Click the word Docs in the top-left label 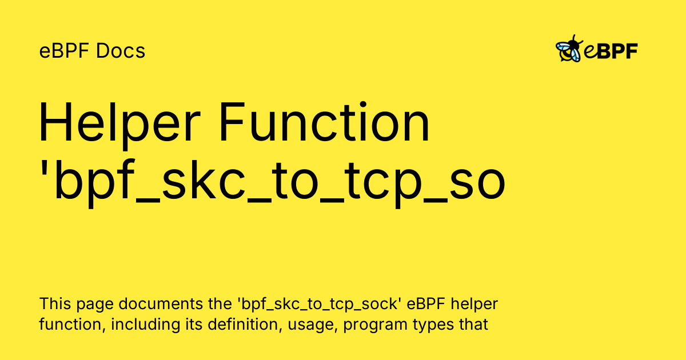121,51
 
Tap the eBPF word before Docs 65,51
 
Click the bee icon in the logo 569,50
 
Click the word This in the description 53,303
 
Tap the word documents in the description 145,303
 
